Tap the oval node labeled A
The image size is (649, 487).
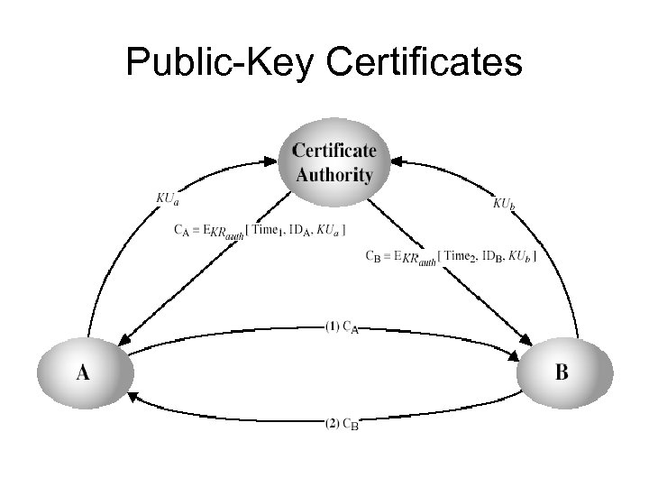[83, 371]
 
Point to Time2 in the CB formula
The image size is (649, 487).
[462, 257]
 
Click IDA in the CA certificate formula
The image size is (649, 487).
[299, 231]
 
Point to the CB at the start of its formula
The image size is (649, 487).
[371, 257]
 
